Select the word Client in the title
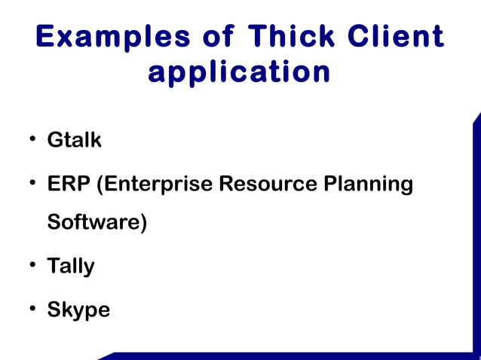[397, 37]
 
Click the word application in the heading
[240, 73]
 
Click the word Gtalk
[74, 140]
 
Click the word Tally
[71, 267]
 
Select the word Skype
[78, 310]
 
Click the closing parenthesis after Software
[143, 224]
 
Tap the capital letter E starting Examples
[46, 37]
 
